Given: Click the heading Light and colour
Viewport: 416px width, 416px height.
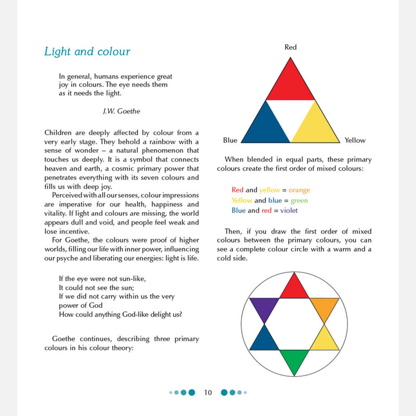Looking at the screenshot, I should [87, 51].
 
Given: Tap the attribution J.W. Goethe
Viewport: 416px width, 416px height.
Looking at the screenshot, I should [122, 111].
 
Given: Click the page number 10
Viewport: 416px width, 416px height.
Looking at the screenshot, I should [208, 392].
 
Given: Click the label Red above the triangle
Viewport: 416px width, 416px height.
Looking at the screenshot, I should [291, 47].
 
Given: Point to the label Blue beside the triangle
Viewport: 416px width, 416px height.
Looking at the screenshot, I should [230, 140].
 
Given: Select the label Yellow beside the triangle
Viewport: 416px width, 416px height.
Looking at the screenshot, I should [355, 140].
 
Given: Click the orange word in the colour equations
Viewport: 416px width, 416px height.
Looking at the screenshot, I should [299, 190].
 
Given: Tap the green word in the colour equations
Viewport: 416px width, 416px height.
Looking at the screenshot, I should [300, 201].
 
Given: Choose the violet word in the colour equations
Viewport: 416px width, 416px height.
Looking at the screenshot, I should [289, 211].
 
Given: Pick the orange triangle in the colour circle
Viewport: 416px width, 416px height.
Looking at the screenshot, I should [324, 308].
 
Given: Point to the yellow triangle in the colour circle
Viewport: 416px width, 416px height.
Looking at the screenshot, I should [324, 340].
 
